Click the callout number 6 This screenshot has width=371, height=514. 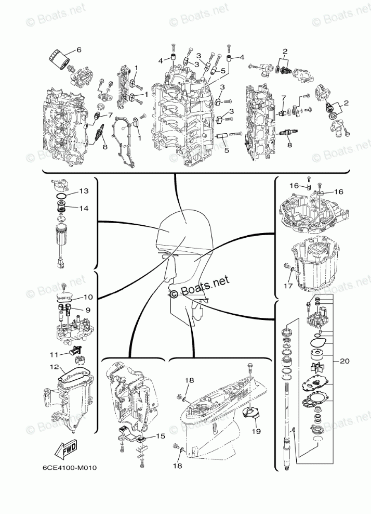[79, 50]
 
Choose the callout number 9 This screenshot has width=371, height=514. [87, 310]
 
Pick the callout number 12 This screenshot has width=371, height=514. [55, 367]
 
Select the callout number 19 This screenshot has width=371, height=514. [256, 431]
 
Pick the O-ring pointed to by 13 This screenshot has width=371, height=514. [61, 197]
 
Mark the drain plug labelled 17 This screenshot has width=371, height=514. [286, 267]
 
